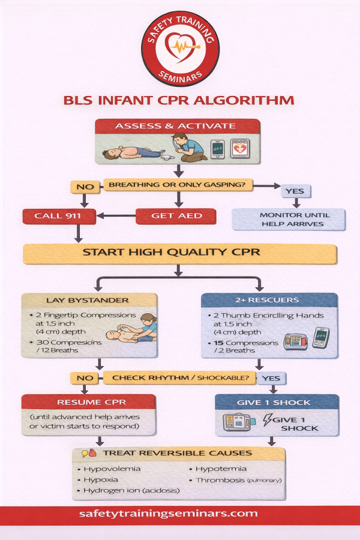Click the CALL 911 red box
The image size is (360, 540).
coord(53,216)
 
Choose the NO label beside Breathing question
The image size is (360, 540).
coord(85,187)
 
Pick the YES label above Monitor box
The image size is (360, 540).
coord(295,191)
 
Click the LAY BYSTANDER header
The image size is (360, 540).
coord(89,300)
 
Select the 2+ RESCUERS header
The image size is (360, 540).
coord(268,300)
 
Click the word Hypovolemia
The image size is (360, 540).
coord(111,469)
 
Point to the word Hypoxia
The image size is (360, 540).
coord(101,480)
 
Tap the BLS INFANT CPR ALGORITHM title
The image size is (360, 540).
coord(179,100)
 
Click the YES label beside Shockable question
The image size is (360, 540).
coord(271,378)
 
